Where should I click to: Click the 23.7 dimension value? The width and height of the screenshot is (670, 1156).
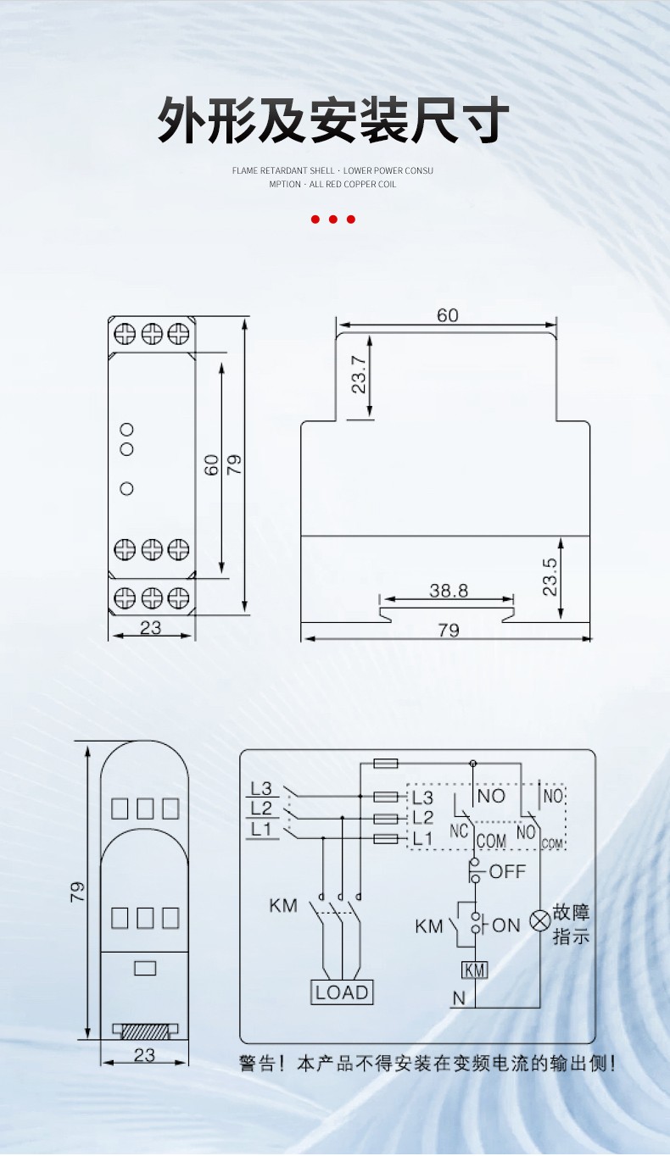coord(359,375)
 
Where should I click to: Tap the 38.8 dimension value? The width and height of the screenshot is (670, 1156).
coord(449,591)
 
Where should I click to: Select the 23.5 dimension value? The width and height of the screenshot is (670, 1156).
coord(550,577)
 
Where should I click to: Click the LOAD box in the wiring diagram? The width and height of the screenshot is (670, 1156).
coord(342,992)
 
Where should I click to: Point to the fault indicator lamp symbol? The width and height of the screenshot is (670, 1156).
coord(540,920)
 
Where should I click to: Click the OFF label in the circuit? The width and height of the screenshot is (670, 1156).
coord(507,871)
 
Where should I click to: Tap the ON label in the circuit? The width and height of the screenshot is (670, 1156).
coord(505,925)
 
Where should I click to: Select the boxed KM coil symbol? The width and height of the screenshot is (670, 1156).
coord(474,970)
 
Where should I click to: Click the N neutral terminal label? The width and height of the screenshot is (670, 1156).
coord(459,998)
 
